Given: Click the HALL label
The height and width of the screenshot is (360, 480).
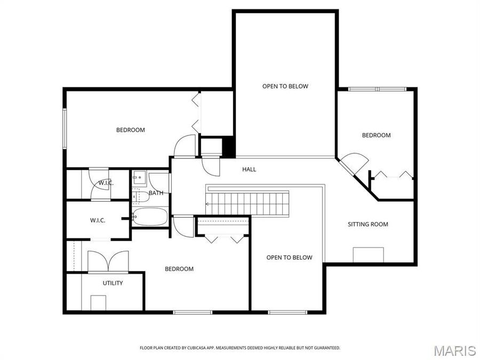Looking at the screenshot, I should [249, 170].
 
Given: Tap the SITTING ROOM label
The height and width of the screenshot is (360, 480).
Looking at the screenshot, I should [368, 225].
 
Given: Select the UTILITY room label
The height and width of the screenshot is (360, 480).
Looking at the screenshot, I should [113, 283].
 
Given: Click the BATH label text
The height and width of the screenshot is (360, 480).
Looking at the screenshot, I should [156, 193].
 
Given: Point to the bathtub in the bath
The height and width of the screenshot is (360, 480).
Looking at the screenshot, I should [150, 218].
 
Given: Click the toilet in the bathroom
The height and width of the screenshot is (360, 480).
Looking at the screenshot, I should [141, 196].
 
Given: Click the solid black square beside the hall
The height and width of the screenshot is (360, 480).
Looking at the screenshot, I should [228, 147].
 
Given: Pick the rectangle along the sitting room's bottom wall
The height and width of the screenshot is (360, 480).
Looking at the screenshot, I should [368, 255].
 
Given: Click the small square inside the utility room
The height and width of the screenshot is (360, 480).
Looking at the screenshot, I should [99, 302].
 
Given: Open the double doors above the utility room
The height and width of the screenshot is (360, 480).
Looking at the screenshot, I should [108, 261].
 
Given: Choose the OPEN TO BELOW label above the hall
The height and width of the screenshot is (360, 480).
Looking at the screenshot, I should [285, 86].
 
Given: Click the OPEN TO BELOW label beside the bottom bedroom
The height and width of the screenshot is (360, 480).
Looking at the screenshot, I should [289, 258].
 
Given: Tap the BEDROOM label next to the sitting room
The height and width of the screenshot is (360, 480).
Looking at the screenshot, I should [376, 135].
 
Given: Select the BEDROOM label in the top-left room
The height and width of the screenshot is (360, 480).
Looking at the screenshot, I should [131, 130].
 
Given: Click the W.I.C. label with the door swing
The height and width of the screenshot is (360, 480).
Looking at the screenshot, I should [106, 183].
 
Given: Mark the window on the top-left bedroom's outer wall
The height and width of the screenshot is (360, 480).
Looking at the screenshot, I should [65, 129].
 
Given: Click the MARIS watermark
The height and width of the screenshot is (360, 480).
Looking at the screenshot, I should [454, 350].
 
